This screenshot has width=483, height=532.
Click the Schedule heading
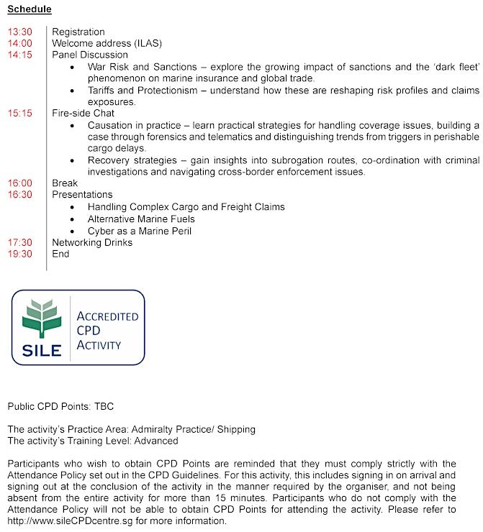30,9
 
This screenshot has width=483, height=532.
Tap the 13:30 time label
20,32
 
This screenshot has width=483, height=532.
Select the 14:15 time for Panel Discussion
20,55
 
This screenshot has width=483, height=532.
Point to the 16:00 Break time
20,183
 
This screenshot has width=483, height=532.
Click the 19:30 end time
20,254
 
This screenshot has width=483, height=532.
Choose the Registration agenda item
78,32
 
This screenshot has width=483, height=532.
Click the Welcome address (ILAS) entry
103,43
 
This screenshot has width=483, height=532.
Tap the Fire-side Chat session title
83,113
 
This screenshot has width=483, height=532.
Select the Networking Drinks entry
92,242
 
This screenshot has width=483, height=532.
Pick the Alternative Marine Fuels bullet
141,219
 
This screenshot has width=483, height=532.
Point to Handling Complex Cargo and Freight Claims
186,207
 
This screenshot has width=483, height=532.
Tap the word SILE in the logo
42,351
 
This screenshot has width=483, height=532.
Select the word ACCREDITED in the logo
107,316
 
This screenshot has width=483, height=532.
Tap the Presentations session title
82,195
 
